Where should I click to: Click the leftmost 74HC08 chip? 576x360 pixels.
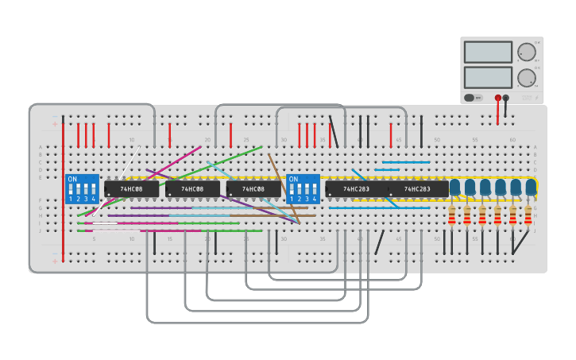(131, 189)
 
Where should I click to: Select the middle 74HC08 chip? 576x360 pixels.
(192, 189)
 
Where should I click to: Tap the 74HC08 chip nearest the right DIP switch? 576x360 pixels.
(253, 189)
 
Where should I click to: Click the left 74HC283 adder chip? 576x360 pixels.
(356, 189)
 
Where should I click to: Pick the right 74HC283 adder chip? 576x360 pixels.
(417, 189)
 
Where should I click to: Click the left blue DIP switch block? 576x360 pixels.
(82, 189)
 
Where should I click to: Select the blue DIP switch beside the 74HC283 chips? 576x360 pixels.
(303, 189)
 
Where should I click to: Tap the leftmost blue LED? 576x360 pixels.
(454, 187)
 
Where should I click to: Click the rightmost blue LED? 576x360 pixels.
(531, 187)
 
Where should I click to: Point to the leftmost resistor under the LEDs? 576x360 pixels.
(452, 215)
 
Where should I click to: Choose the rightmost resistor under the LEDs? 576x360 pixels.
(528, 215)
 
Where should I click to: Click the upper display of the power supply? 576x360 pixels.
(487, 52)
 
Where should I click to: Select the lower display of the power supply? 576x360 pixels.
(487, 77)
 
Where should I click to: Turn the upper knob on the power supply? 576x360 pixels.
(526, 52)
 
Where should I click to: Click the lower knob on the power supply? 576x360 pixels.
(526, 77)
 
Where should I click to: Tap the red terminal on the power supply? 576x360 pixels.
(498, 98)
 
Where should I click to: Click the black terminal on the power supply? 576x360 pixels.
(506, 98)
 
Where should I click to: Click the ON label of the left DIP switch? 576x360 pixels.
(72, 180)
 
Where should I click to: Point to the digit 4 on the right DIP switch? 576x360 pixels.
(314, 199)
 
